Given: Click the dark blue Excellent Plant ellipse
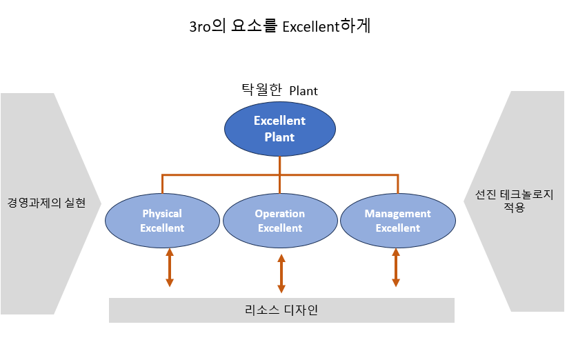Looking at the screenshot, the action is click(280, 129).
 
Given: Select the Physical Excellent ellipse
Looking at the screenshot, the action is click(162, 221).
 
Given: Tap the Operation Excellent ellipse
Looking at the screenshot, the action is click(280, 221).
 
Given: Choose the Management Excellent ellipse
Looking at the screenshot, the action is click(398, 221).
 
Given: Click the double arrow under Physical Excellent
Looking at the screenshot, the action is click(170, 268).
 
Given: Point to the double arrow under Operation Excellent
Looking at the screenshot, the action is click(281, 273).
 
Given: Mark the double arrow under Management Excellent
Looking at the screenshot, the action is click(396, 268).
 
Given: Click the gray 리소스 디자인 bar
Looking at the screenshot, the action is click(281, 310).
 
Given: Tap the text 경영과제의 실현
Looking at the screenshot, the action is click(46, 203).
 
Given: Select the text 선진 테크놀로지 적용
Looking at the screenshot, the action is click(514, 201).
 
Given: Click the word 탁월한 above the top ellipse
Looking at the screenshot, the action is click(261, 90).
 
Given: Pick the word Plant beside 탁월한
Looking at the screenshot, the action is click(304, 91).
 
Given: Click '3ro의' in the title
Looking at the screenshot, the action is click(208, 26).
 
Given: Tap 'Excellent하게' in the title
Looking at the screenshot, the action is click(326, 26).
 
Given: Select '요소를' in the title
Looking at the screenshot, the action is click(255, 26).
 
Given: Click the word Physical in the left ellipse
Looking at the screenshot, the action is click(162, 214).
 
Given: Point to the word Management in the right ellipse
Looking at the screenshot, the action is click(398, 214).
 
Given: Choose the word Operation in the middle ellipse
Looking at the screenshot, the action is click(280, 214).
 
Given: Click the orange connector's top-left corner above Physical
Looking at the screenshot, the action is click(162, 175).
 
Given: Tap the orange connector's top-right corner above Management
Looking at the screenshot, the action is click(398, 175).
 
